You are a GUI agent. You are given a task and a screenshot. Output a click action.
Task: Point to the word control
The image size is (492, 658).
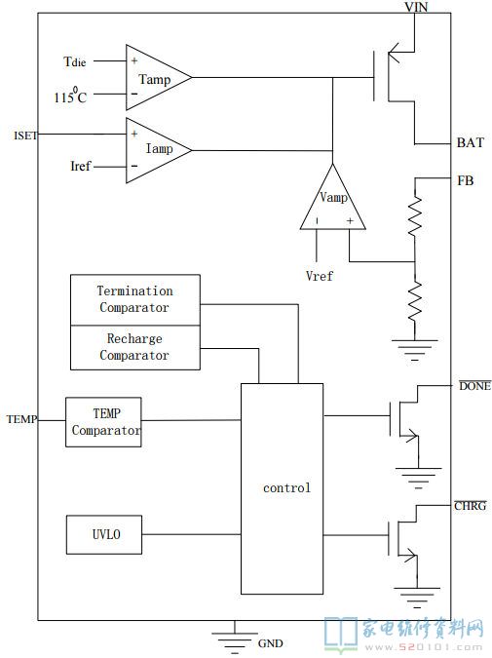click(286, 487)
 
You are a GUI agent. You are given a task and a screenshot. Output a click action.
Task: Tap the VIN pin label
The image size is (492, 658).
click(416, 7)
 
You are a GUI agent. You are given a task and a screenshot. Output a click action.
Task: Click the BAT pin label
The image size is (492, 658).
click(471, 142)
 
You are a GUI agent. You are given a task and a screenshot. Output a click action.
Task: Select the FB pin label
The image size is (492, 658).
click(465, 181)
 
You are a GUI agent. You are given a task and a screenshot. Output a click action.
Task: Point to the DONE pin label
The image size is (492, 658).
click(474, 386)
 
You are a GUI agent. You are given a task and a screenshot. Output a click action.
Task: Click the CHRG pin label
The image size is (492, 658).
click(471, 506)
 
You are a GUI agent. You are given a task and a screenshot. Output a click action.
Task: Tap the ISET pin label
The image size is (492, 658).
click(25, 135)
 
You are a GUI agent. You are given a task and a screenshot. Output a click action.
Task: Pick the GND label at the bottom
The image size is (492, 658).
click(270, 643)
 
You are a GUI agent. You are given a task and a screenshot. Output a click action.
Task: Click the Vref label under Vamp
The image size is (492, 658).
click(320, 276)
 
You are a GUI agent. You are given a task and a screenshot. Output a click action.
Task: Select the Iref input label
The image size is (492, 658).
click(81, 166)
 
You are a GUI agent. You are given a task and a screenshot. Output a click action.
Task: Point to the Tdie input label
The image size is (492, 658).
click(75, 62)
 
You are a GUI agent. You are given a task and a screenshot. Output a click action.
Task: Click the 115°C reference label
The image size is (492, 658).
click(70, 96)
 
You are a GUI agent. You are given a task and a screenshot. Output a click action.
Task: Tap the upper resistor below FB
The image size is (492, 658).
click(415, 216)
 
